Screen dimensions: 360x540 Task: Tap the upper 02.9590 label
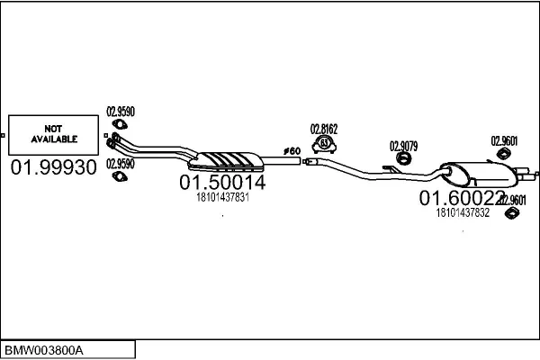(121, 112)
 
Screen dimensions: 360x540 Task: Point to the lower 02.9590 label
(121, 164)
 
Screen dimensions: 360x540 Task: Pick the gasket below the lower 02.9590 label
(117, 176)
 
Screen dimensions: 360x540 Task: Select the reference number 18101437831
(221, 197)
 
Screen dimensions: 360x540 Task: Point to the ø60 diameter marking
(292, 149)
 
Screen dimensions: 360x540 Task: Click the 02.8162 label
(324, 128)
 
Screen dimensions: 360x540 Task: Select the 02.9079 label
(402, 146)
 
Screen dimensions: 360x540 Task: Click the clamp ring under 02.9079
(404, 160)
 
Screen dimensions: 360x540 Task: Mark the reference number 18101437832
(463, 212)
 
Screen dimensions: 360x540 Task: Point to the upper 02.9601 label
(503, 140)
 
